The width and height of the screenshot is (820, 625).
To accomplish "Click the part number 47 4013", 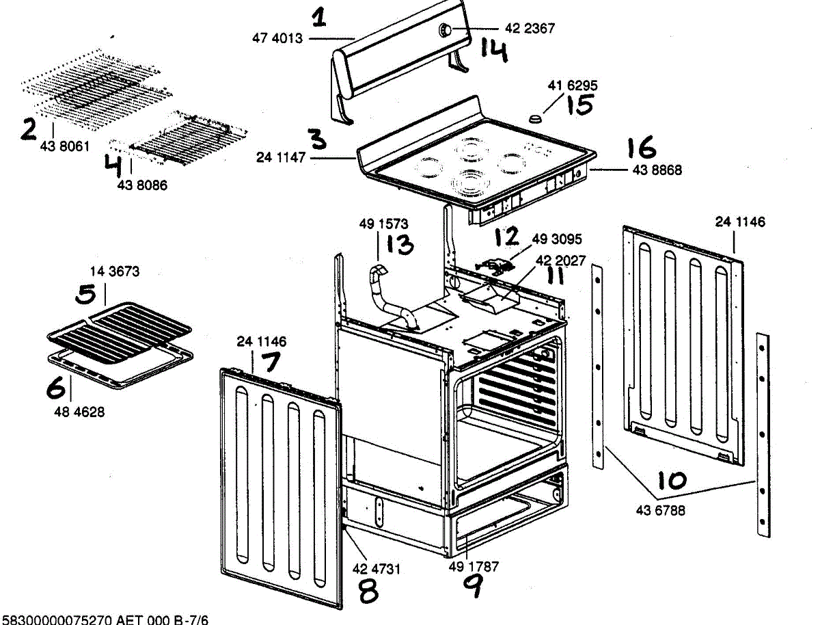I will pyautogui.click(x=277, y=39).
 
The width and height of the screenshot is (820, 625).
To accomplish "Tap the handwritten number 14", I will pyautogui.click(x=493, y=50).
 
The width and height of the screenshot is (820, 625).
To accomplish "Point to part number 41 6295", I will pyautogui.click(x=573, y=86).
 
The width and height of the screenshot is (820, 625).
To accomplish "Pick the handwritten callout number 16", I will pyautogui.click(x=641, y=148).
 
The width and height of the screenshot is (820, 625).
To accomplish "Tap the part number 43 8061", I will pyautogui.click(x=65, y=146).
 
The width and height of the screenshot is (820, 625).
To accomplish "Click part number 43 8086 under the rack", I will pyautogui.click(x=142, y=185).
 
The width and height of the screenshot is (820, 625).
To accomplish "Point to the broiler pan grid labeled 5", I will pyautogui.click(x=120, y=325).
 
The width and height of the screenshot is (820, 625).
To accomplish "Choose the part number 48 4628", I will pyautogui.click(x=81, y=412).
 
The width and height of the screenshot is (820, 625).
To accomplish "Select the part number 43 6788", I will pyautogui.click(x=660, y=510).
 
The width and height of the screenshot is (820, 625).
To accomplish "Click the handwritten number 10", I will pyautogui.click(x=672, y=481).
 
